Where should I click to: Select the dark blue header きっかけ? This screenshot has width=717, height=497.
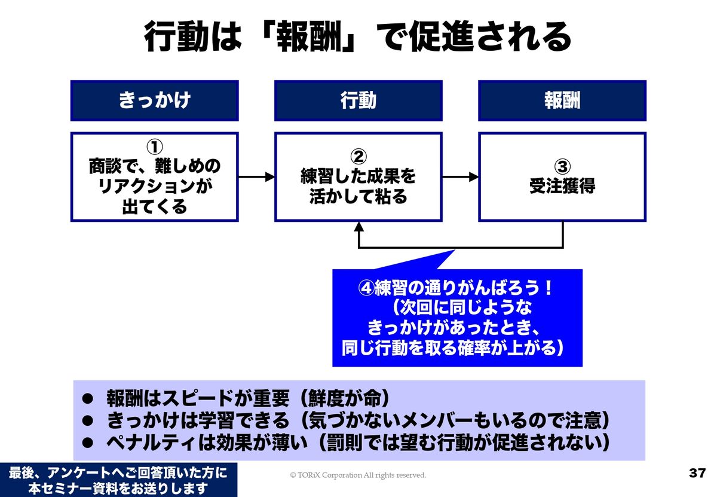click(x=154, y=100)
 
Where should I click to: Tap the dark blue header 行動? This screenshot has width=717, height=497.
click(x=358, y=100)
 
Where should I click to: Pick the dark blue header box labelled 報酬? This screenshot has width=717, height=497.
click(x=562, y=100)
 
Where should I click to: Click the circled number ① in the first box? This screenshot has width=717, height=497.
click(x=154, y=147)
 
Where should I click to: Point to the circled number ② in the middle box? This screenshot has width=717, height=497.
click(x=358, y=157)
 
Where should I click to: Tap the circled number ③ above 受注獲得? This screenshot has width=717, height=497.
click(x=562, y=166)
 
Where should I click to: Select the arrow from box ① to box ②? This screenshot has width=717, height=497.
click(x=256, y=176)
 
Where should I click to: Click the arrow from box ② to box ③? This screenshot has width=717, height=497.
click(x=461, y=176)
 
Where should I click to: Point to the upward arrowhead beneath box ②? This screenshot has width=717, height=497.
click(x=358, y=227)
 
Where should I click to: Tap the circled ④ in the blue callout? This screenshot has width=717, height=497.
click(x=366, y=288)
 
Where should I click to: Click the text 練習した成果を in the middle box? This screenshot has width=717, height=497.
click(x=358, y=176)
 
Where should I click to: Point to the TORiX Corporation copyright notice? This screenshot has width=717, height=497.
click(x=358, y=475)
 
